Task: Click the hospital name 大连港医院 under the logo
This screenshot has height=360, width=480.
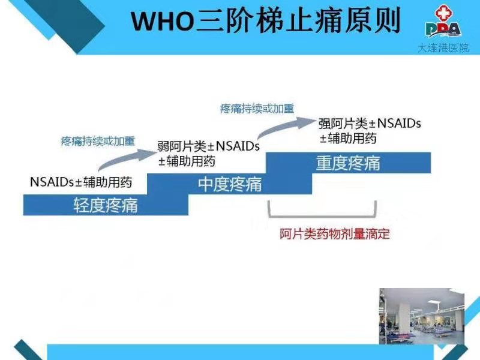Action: click(x=443, y=48)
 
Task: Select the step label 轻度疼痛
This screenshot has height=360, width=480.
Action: click(x=106, y=205)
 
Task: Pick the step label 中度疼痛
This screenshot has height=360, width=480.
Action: click(x=230, y=184)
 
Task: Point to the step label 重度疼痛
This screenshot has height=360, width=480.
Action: click(x=349, y=163)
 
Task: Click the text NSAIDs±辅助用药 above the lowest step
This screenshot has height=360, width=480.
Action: click(x=81, y=182)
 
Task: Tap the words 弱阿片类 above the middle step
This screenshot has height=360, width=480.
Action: click(x=182, y=146)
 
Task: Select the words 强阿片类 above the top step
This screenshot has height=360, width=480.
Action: click(x=343, y=124)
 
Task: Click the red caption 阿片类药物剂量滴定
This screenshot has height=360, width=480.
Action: click(x=335, y=234)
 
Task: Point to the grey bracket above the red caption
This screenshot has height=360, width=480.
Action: click(x=322, y=217)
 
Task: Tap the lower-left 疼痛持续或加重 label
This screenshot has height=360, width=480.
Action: click(x=98, y=141)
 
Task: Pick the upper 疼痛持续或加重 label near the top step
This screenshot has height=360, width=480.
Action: click(x=257, y=109)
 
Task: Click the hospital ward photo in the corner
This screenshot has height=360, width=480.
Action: click(x=422, y=316)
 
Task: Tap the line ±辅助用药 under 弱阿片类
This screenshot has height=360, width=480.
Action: click(x=187, y=161)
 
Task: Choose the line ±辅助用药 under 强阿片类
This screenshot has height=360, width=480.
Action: click(x=348, y=139)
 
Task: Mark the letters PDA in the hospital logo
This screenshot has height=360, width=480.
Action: click(x=443, y=29)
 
